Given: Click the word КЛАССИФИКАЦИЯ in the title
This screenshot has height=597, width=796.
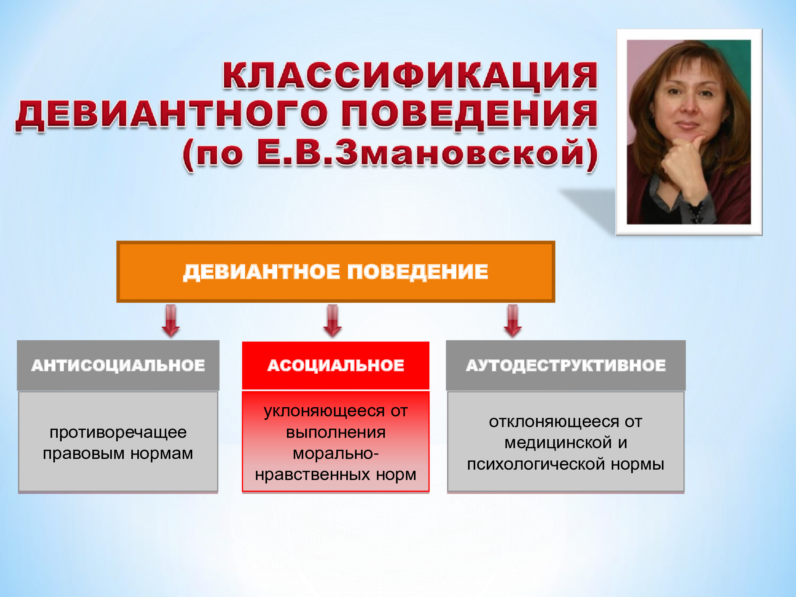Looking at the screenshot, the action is [410, 76].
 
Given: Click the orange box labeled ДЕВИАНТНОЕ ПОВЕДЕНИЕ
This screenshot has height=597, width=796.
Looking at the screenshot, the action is [336, 272].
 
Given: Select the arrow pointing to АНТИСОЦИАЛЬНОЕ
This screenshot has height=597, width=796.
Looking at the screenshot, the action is [171, 321].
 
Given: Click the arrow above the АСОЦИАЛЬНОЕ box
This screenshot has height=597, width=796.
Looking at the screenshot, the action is [332, 321].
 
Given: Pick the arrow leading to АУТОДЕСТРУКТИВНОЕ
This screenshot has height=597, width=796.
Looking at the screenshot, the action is [513, 321].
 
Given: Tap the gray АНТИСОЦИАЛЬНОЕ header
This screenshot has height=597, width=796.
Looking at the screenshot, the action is [118, 365].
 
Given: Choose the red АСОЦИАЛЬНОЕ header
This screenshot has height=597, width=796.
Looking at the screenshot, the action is [336, 365].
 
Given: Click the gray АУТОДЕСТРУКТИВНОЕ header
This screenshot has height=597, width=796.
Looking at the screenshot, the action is [566, 365].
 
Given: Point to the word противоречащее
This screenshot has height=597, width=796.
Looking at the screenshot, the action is [118, 433].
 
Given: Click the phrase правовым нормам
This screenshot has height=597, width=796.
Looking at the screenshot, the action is [118, 454].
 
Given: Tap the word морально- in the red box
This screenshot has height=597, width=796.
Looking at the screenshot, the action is [336, 454].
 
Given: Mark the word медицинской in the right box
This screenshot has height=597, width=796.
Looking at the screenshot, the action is [558, 443].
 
